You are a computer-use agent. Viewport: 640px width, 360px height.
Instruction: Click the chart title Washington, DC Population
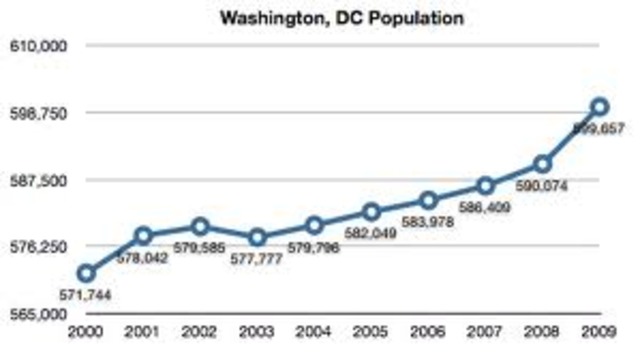pos(320,18)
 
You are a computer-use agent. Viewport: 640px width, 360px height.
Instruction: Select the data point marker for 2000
pos(86,273)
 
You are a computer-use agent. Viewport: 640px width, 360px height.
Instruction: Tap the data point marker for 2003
pos(257,237)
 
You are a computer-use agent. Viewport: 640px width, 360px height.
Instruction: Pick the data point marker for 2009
pos(599,107)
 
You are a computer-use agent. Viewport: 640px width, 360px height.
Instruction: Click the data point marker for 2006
pos(428,200)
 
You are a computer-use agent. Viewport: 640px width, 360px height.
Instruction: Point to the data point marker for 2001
pos(143,236)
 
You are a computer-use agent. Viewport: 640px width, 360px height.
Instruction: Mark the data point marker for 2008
pos(542,164)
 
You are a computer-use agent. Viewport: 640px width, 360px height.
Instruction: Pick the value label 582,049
pos(372,234)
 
